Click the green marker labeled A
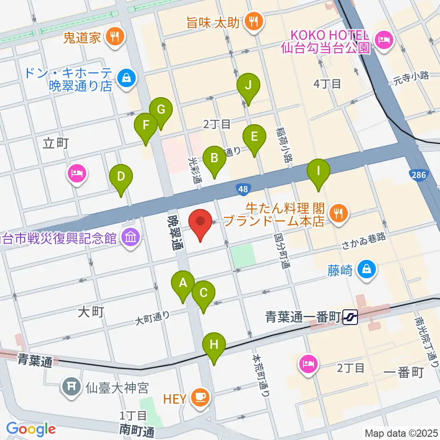[183, 284]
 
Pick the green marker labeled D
[121, 177]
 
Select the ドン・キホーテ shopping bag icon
[125, 78]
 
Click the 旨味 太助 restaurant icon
[252, 21]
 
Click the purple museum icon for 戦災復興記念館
[131, 237]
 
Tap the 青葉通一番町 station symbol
[351, 316]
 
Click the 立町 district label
[55, 143]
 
